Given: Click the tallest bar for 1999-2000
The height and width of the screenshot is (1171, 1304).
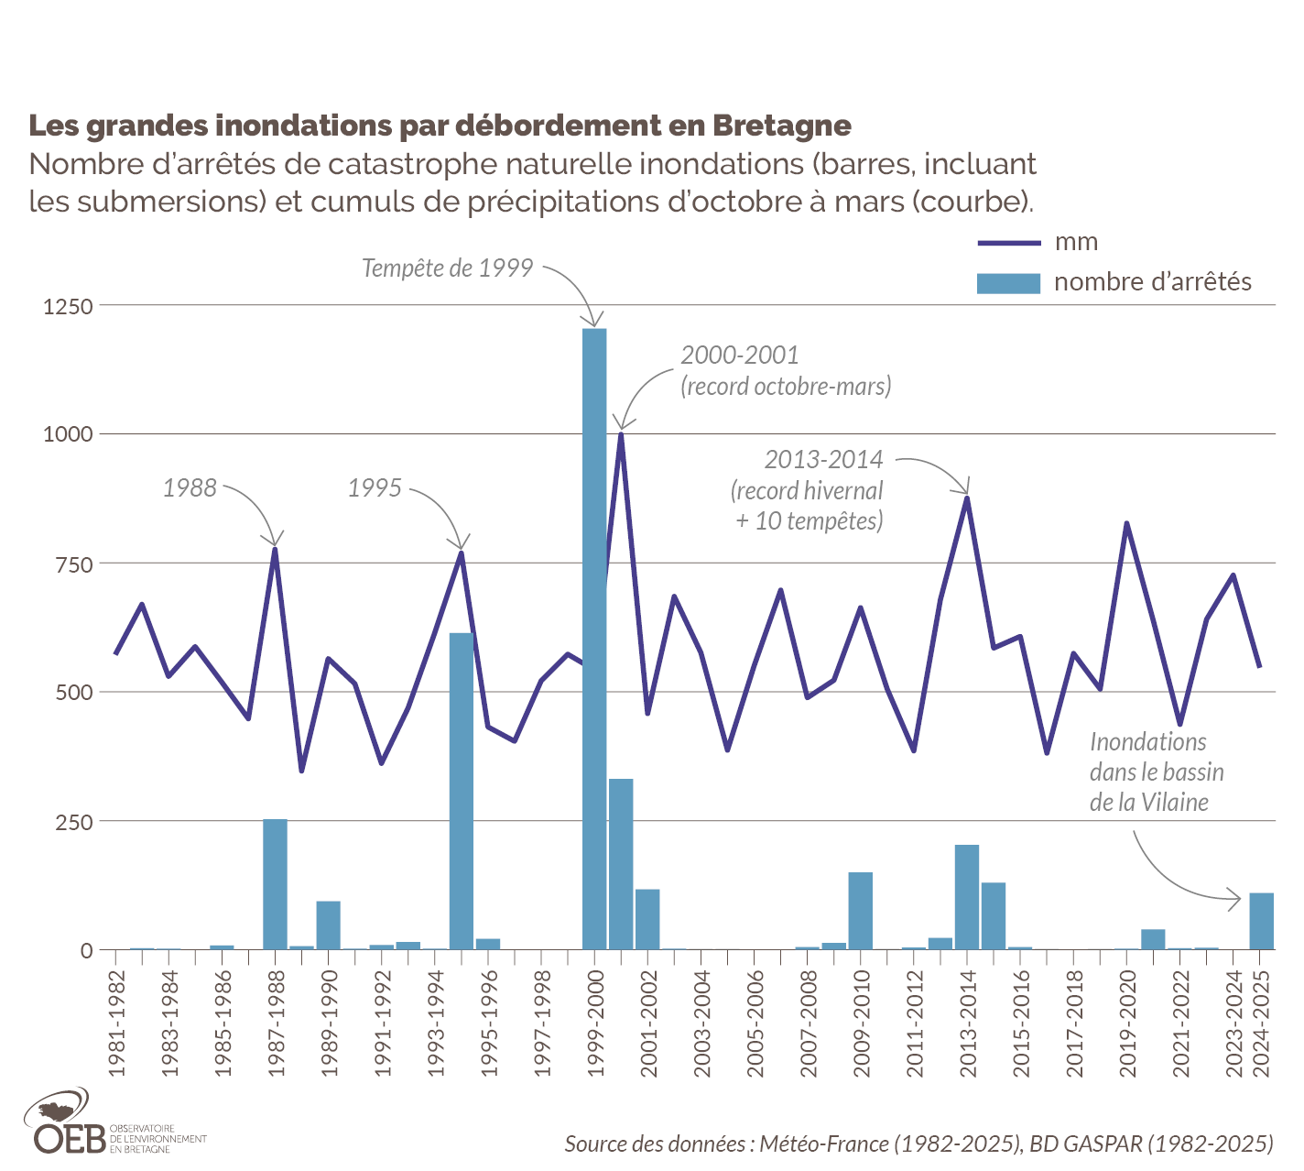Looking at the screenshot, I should (x=594, y=641).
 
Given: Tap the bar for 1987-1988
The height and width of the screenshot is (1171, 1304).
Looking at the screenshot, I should (x=275, y=885).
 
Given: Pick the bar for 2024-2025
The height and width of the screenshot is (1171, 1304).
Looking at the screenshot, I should (x=1261, y=922).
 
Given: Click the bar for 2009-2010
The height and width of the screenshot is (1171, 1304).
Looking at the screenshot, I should (x=861, y=911).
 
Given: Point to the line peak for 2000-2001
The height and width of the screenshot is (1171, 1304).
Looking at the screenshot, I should (x=621, y=434).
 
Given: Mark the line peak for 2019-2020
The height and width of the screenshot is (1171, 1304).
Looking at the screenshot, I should (x=1127, y=523).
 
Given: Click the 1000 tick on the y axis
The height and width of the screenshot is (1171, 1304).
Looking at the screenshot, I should (x=69, y=434).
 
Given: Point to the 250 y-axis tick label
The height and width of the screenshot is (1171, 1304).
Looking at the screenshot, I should (x=74, y=822).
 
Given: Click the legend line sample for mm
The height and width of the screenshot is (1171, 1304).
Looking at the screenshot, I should (x=1009, y=243).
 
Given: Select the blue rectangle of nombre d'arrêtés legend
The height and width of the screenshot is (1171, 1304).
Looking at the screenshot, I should (x=1009, y=283).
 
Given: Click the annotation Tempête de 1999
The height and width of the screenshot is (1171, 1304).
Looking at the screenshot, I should (x=448, y=268).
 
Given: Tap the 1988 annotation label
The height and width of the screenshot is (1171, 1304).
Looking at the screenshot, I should (x=190, y=487).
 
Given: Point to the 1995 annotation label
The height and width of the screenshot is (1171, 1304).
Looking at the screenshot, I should (x=375, y=487).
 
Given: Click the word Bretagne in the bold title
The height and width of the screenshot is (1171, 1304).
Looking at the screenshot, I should (x=782, y=126).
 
